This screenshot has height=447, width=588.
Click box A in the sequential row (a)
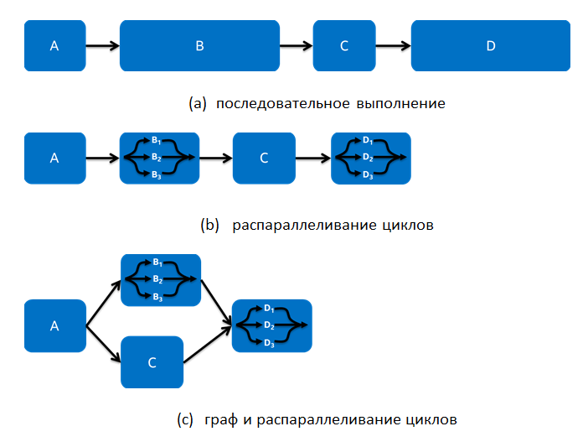coord(54,46)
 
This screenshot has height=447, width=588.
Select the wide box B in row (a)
coord(199,46)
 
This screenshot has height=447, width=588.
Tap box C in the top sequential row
coord(343,46)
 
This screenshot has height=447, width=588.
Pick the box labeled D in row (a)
coord(491,46)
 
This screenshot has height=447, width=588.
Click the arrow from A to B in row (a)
coord(102,46)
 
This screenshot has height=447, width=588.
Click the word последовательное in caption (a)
coord(271,104)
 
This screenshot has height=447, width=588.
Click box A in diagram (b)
coord(54,158)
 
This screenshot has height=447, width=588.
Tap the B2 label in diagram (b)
coord(157,157)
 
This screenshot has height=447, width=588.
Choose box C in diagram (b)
coord(263,158)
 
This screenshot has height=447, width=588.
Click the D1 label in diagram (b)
coord(368,140)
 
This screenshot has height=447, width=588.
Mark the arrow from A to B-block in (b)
coord(102,158)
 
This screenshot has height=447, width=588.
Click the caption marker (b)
coord(209,226)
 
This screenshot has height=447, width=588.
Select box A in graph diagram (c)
coord(54,326)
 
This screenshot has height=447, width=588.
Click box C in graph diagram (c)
coord(152,362)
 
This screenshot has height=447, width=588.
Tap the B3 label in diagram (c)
coord(157,296)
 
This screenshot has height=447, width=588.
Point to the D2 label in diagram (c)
coord(269,325)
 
